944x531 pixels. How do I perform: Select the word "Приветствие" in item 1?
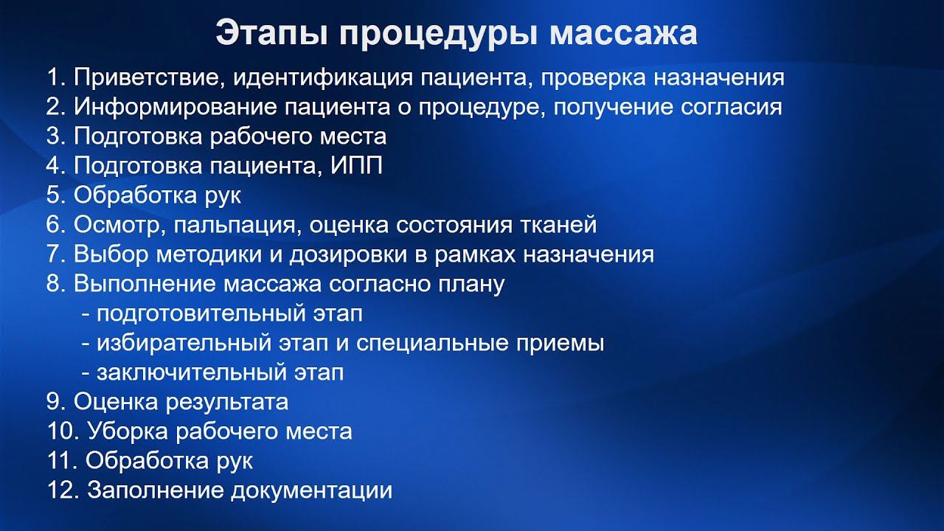coord(142,77)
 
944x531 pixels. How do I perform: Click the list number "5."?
coord(56,195)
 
